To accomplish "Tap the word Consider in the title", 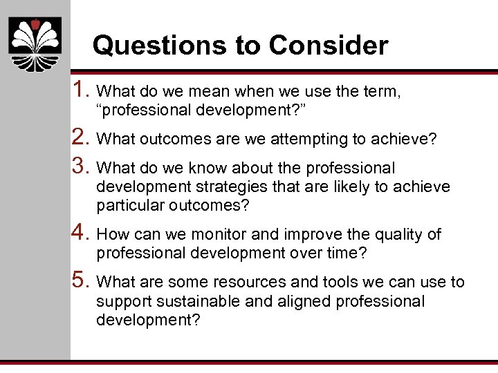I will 329,46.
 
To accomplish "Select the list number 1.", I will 82,89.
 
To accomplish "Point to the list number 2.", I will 82,139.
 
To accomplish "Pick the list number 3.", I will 82,166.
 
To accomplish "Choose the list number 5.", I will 82,280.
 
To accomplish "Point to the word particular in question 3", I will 125,207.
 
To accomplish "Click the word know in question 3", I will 207,168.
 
